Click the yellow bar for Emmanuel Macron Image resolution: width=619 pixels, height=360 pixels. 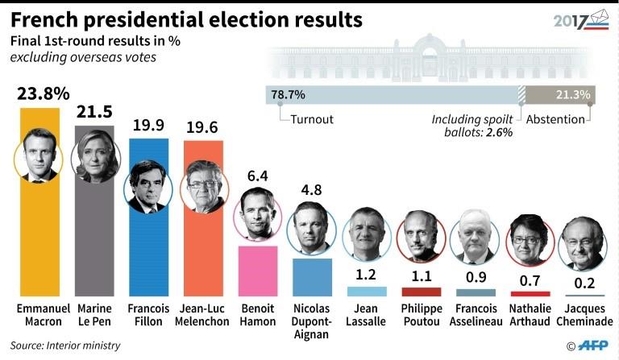[x=37, y=242]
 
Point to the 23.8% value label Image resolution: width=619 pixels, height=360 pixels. [x=37, y=94]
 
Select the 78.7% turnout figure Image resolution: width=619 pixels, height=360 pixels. [x=288, y=94]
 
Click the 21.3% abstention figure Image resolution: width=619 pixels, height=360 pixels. [x=573, y=94]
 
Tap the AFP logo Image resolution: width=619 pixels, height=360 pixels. [x=592, y=346]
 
